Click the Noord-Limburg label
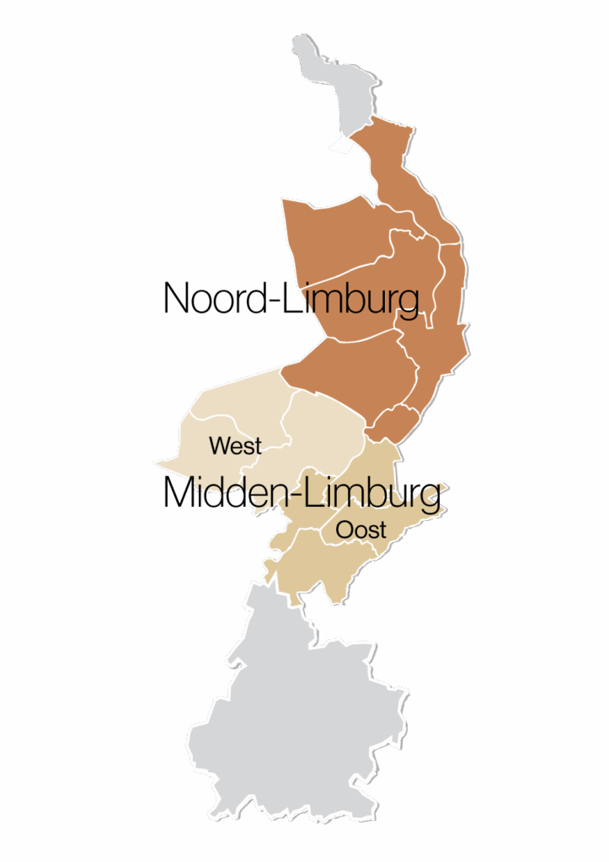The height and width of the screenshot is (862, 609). (x=291, y=299)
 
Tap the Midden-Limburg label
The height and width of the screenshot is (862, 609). (x=301, y=494)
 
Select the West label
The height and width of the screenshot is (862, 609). (x=235, y=445)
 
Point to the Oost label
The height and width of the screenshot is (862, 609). (x=361, y=529)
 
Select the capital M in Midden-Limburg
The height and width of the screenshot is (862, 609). (x=180, y=494)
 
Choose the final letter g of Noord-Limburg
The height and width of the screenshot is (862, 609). (x=408, y=303)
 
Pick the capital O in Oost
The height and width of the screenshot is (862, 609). (x=345, y=529)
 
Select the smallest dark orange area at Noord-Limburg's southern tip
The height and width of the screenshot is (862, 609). (x=395, y=420)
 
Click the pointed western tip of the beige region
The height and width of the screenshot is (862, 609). (x=156, y=461)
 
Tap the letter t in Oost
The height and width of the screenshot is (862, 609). (x=382, y=529)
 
